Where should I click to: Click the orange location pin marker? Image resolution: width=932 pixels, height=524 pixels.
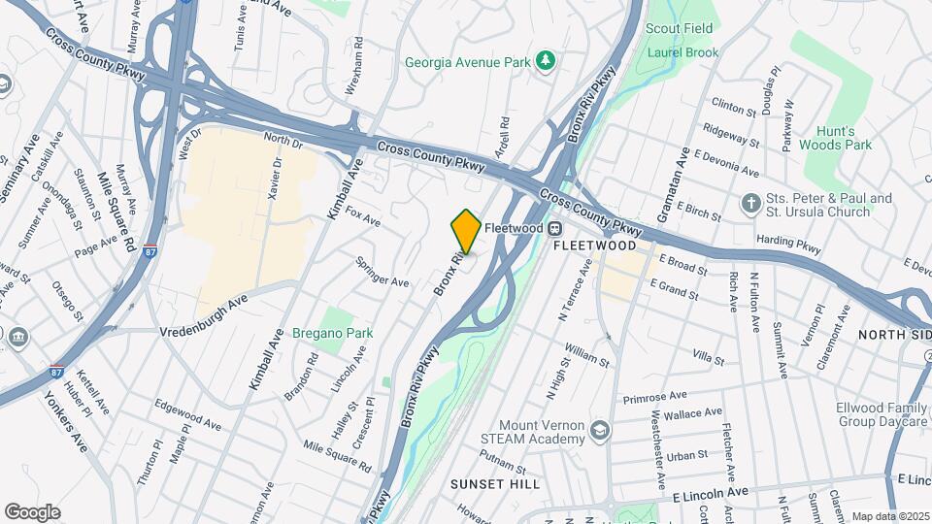(466, 232)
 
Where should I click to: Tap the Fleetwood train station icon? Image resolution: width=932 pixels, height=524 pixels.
(554, 228)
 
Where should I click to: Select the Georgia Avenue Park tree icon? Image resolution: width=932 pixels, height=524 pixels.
(546, 62)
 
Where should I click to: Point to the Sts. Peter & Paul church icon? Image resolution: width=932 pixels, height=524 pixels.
(749, 204)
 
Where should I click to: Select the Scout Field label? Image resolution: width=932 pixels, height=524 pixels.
(680, 29)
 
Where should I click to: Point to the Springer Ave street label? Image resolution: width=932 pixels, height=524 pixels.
(383, 273)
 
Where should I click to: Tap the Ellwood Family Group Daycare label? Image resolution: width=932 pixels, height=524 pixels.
(883, 415)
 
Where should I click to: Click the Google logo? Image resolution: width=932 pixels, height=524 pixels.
(32, 511)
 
